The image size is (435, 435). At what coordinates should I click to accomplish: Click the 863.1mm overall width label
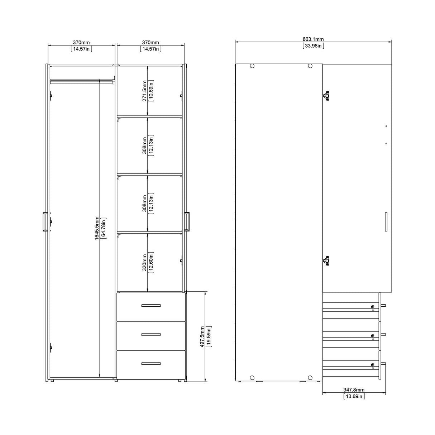pos(313,39)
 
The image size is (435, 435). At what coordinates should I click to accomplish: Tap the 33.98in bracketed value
pos(313,46)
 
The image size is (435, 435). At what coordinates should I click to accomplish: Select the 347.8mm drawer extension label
pos(354,389)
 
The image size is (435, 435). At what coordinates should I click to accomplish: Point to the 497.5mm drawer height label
pos(202,336)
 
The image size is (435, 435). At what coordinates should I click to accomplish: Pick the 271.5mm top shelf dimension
pos(144,91)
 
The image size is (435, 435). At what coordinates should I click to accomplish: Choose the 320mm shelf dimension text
pos(144,263)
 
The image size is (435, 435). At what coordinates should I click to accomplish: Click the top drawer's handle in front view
pos(151,305)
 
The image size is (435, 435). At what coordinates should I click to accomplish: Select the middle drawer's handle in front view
pos(151,334)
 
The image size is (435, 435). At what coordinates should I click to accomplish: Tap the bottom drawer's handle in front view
pos(151,364)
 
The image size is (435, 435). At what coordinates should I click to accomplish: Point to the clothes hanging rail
pos(82,81)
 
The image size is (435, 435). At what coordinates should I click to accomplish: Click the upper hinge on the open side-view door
pos(326,96)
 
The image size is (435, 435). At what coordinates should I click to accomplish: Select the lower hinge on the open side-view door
pos(326,260)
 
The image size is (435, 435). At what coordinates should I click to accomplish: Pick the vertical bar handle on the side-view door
pos(386,222)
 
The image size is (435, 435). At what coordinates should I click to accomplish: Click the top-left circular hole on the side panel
pos(252,66)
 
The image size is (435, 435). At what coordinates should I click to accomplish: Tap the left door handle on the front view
pos(44,222)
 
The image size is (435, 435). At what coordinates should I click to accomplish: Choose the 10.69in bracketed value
pos(151,91)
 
